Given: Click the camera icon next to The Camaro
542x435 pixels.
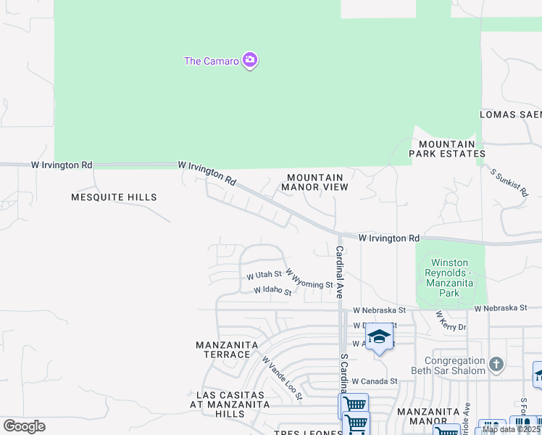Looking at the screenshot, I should coord(250,60).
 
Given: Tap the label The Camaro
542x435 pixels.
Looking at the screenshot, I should coord(212,61).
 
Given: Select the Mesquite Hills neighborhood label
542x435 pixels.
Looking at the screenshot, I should coord(114,196).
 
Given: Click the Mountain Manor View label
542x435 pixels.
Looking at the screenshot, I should coord(314,182).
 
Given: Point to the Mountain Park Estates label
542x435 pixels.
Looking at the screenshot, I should coord(446,148).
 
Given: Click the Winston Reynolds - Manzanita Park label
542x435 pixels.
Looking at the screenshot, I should coord(450,278).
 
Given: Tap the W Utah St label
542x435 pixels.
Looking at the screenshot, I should coord(264,275).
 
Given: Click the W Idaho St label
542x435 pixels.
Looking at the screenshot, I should coord(272,291).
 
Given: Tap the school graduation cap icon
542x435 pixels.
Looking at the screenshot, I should coord(378,337).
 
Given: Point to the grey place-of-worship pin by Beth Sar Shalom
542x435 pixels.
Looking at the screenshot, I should coord(496,364).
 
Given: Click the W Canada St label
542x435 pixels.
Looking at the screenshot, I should coord(375,381).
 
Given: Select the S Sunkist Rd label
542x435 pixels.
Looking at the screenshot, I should coord(509,184).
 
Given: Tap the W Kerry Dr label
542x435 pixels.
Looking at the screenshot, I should coord(450,322).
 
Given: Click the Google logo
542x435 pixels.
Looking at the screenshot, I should coord(24,426).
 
